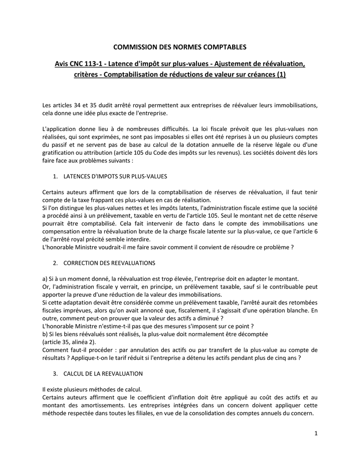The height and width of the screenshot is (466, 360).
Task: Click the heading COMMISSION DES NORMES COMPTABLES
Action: click(x=179, y=46)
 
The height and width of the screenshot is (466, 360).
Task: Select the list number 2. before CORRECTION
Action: click(x=56, y=263)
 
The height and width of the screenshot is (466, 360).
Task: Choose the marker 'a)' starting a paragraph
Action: click(x=45, y=279)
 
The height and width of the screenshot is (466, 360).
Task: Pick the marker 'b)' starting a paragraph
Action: click(x=45, y=334)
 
